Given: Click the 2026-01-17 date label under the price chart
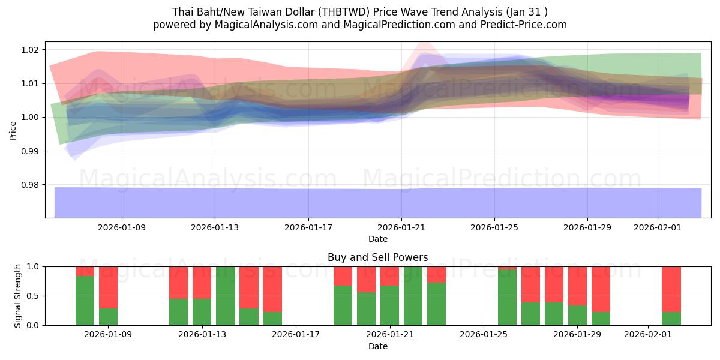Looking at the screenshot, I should click(x=308, y=227).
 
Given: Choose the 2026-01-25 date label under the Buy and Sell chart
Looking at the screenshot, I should click(x=484, y=335).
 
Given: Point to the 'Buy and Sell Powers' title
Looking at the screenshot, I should click(x=377, y=257).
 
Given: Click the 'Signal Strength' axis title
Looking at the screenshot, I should click(x=18, y=295).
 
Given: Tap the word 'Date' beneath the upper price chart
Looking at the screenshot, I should click(x=377, y=239).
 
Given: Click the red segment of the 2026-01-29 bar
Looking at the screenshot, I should click(x=577, y=286).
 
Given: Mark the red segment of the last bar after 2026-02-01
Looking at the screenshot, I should click(x=671, y=289).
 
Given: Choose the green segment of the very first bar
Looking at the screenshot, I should click(x=85, y=300).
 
